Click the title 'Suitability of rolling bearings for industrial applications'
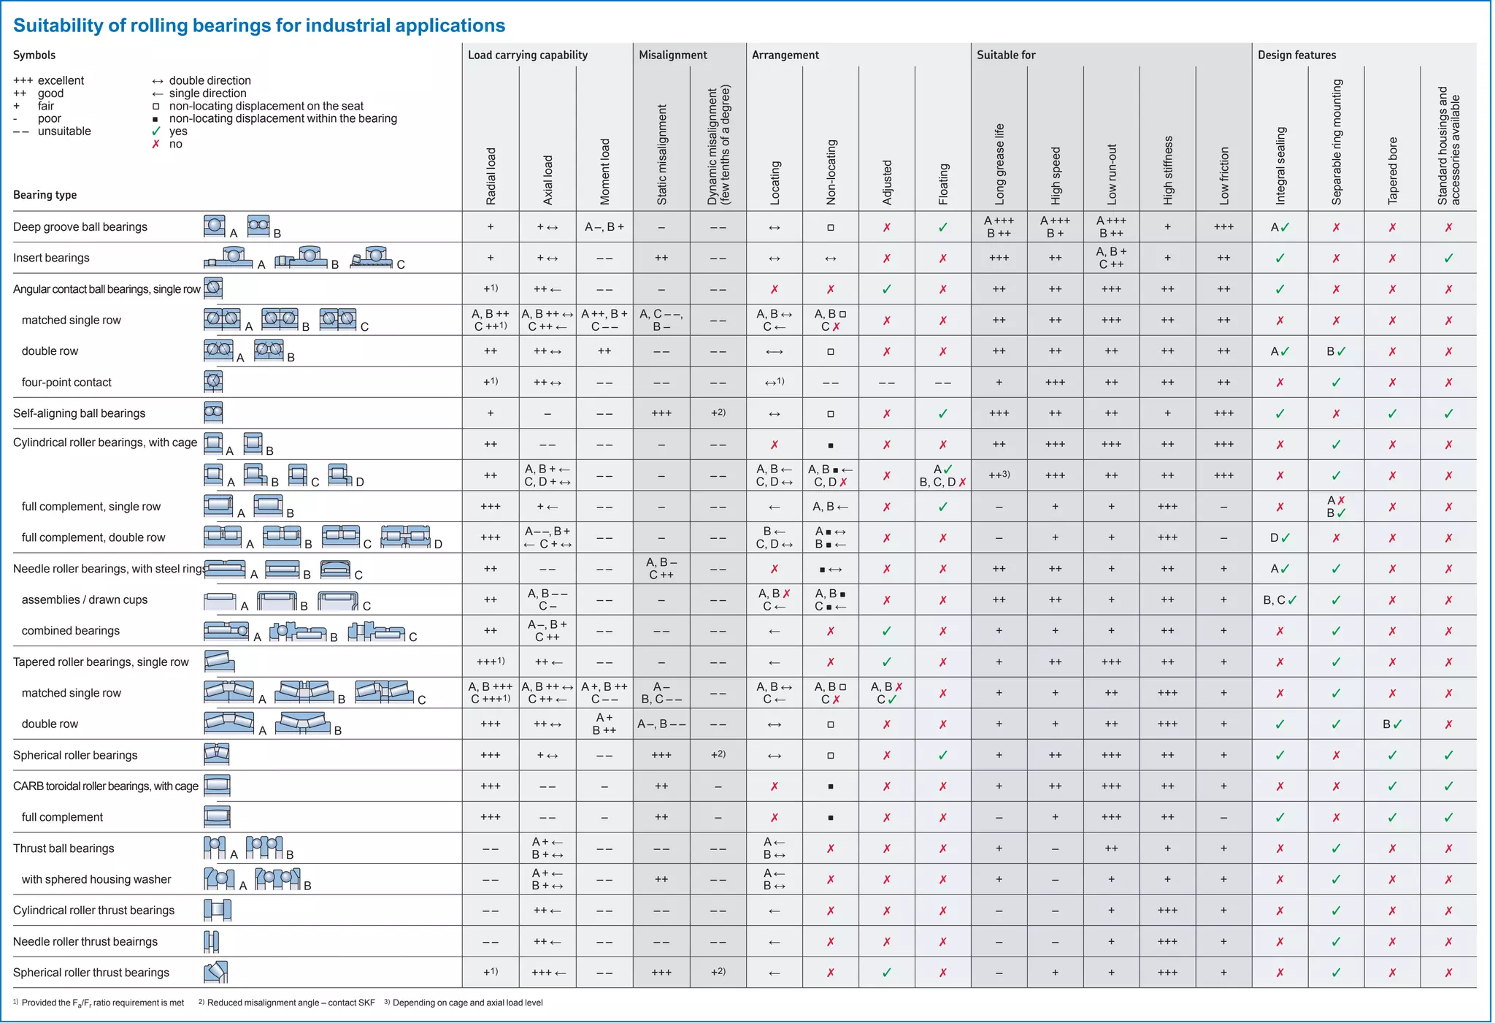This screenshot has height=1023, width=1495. (259, 26)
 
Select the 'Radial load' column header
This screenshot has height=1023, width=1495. (491, 176)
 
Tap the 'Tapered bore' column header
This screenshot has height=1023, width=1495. (1392, 171)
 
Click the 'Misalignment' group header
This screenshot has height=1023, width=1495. (672, 55)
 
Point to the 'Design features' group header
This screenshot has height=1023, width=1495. (1296, 55)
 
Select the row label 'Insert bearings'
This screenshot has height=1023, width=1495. (51, 258)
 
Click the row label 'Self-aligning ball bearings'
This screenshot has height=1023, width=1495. (79, 413)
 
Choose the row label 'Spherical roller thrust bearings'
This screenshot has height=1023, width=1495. (91, 973)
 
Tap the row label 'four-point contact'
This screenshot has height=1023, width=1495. (66, 382)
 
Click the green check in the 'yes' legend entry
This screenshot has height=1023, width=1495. (155, 131)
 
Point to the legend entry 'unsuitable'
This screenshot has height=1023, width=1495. (64, 131)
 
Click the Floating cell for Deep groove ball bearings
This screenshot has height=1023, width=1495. (942, 227)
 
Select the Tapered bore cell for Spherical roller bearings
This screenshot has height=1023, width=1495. (1392, 755)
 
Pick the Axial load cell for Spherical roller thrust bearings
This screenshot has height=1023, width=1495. (547, 973)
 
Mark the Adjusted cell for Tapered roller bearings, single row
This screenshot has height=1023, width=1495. (886, 662)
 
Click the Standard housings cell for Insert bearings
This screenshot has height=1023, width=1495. (1448, 258)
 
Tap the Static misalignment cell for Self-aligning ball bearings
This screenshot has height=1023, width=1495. (661, 413)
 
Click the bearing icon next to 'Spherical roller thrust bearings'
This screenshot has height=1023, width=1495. (215, 972)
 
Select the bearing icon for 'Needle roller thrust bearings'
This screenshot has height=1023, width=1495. (212, 941)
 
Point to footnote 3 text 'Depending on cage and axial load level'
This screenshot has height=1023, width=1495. (467, 1003)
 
